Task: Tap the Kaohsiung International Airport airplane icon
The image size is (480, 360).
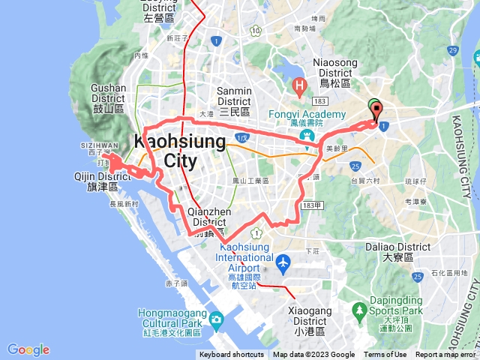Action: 283,263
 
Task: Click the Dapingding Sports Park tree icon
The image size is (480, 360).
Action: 361,308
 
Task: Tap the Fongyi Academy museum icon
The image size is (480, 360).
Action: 307,136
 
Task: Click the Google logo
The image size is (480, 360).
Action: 28,349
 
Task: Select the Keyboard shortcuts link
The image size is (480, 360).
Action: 232,355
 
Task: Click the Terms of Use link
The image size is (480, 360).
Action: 385,355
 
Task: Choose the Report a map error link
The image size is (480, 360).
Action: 446,355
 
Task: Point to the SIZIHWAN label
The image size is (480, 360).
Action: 98,145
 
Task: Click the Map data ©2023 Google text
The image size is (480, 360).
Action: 313,355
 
